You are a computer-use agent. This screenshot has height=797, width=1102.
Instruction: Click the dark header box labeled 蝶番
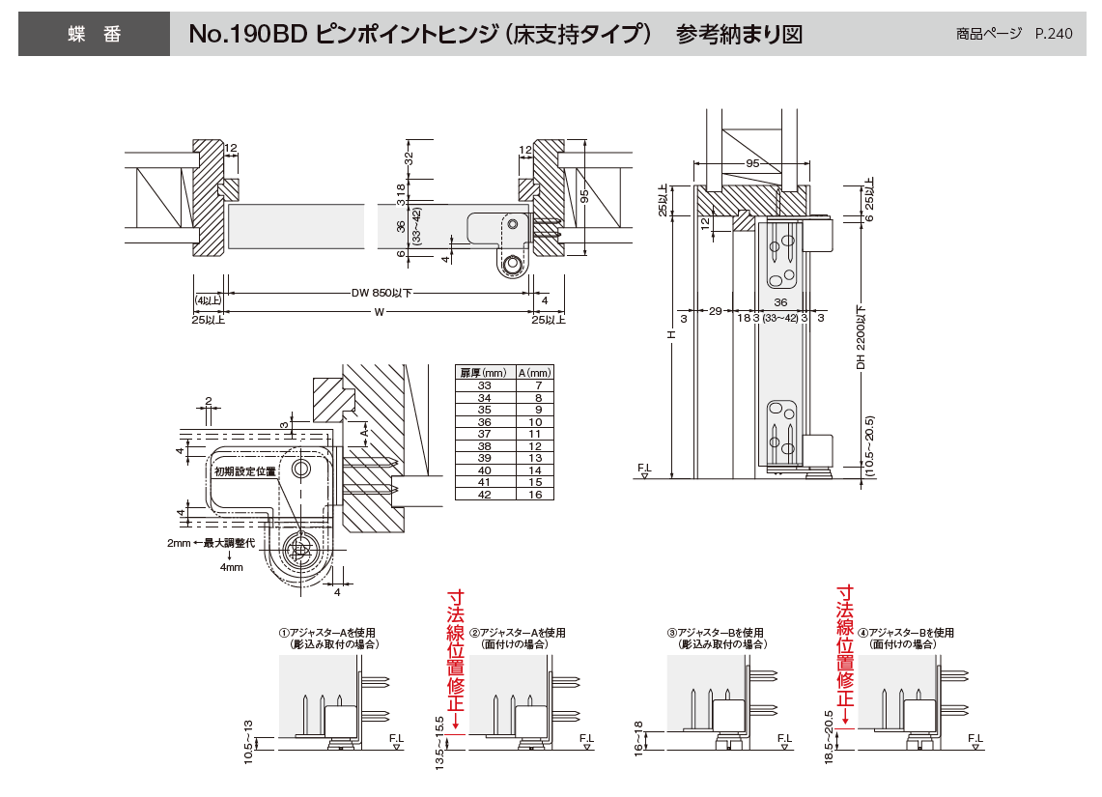tap(94, 34)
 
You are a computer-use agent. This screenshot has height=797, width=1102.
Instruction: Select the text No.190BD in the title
tap(246, 35)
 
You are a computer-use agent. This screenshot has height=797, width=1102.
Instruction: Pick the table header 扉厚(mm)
tap(483, 373)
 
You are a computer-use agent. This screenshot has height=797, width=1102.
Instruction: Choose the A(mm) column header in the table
tap(534, 373)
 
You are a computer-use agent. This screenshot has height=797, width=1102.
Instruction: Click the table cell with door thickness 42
tap(483, 494)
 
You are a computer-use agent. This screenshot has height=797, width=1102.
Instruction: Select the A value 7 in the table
tap(537, 385)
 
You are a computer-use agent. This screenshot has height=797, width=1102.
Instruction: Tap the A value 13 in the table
tap(537, 458)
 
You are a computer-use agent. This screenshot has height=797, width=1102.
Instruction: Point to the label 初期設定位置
tap(245, 471)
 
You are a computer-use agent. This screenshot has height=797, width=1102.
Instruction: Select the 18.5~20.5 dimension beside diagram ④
tap(829, 741)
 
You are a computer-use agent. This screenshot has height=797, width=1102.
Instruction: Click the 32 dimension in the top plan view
tap(409, 157)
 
